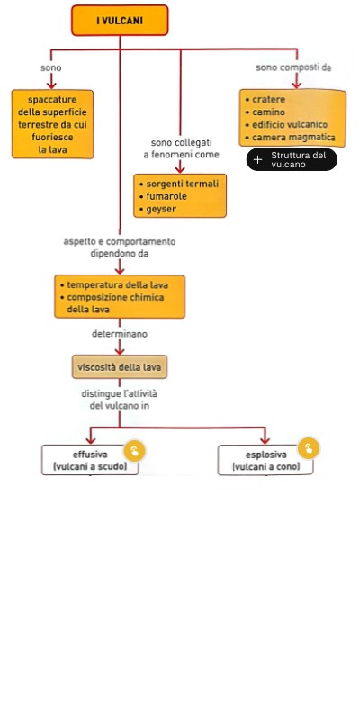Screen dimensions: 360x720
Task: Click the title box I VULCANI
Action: click(120, 20)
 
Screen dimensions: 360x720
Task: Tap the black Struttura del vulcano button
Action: click(292, 160)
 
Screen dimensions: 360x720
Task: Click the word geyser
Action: click(161, 210)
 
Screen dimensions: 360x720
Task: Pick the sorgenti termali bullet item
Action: click(178, 184)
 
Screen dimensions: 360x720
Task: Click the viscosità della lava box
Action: click(120, 367)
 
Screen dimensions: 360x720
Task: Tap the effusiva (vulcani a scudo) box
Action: click(90, 461)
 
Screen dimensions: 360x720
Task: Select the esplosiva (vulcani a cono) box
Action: click(265, 461)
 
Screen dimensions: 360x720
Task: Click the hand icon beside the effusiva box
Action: click(133, 451)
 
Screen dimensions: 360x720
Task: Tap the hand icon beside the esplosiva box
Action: click(309, 448)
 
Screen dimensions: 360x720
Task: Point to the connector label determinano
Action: click(120, 334)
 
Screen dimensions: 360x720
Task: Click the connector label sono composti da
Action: click(293, 67)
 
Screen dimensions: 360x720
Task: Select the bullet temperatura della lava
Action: click(114, 284)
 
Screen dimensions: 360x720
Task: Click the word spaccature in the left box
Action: click(52, 100)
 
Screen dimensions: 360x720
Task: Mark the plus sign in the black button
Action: click(258, 160)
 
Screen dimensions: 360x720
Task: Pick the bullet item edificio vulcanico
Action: click(286, 125)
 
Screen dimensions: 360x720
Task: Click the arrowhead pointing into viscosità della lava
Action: click(120, 351)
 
